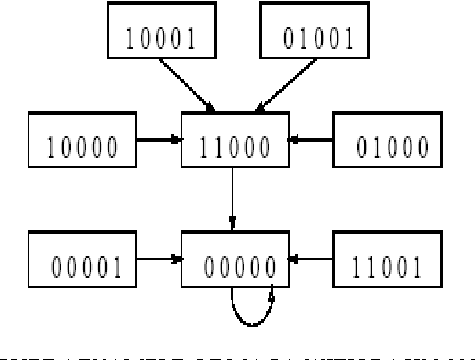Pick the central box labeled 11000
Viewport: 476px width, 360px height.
click(x=236, y=149)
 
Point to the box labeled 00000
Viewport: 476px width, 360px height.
click(x=236, y=265)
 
